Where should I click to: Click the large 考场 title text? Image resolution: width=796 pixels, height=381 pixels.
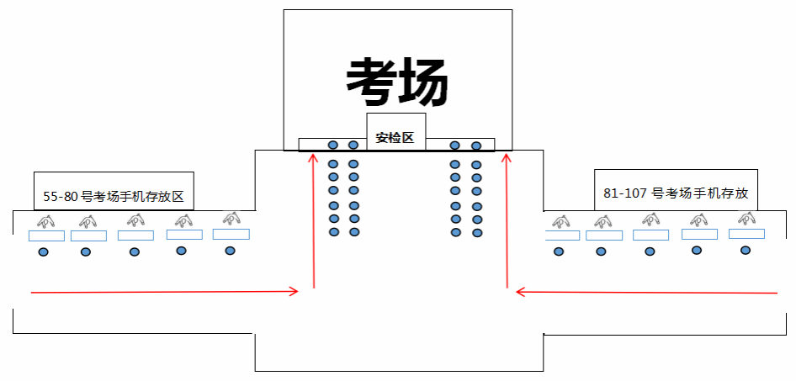tap(397, 81)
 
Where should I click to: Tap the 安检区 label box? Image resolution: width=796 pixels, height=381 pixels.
tap(395, 137)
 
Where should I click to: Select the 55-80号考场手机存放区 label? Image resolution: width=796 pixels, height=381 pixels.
tap(114, 198)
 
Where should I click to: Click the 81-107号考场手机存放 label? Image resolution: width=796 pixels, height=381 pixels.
tap(676, 193)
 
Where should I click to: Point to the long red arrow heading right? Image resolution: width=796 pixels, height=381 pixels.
tap(165, 292)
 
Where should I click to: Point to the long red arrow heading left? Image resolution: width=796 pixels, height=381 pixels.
tap(646, 293)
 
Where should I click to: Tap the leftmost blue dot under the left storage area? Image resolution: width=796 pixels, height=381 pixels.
tap(44, 251)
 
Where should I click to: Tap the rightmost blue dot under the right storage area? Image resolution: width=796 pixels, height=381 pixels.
tap(745, 250)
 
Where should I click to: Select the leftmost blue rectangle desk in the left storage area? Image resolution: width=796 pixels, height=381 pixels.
tap(40, 236)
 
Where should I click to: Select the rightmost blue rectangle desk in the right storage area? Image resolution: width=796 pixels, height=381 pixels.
tap(746, 233)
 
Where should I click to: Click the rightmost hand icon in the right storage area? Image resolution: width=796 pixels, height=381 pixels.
tap(746, 219)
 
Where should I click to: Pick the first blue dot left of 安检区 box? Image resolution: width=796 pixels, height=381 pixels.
tap(353, 146)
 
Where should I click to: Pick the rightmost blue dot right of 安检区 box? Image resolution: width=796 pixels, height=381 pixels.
tap(476, 146)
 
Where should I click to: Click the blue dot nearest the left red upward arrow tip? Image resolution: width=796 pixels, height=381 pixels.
tap(332, 146)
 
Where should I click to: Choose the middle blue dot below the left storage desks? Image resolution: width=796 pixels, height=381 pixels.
tap(135, 251)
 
